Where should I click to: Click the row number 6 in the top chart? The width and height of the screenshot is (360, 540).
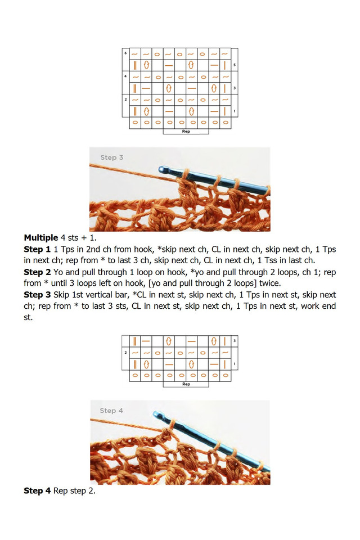[125, 53]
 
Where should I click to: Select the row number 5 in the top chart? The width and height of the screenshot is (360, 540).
[235, 65]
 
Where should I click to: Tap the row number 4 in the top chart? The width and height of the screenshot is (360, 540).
[125, 76]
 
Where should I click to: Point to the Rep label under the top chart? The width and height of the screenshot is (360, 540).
[186, 131]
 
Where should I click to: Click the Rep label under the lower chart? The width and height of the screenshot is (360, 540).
[186, 384]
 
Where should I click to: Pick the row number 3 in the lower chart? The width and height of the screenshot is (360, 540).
[235, 341]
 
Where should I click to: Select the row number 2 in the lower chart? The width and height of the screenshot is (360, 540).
[125, 352]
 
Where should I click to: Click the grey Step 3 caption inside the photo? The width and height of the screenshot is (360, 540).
[111, 157]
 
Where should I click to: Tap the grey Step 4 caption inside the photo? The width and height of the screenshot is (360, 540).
[111, 411]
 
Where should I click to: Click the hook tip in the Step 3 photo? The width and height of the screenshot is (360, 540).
[162, 169]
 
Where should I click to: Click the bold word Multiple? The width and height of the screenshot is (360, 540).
[40, 237]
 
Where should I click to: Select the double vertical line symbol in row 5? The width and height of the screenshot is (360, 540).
[135, 65]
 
